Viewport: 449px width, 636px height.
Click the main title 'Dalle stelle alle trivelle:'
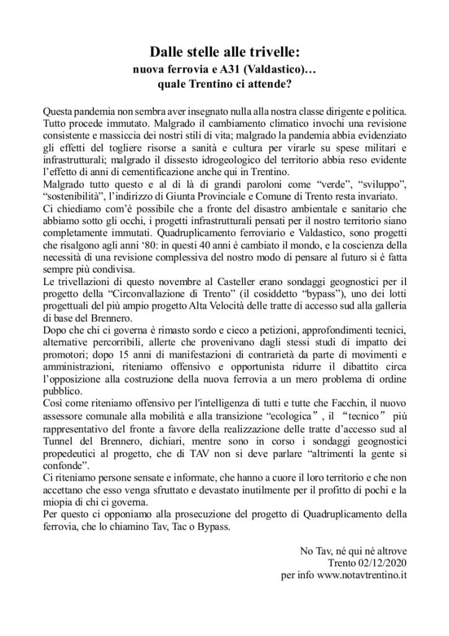click(x=225, y=52)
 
